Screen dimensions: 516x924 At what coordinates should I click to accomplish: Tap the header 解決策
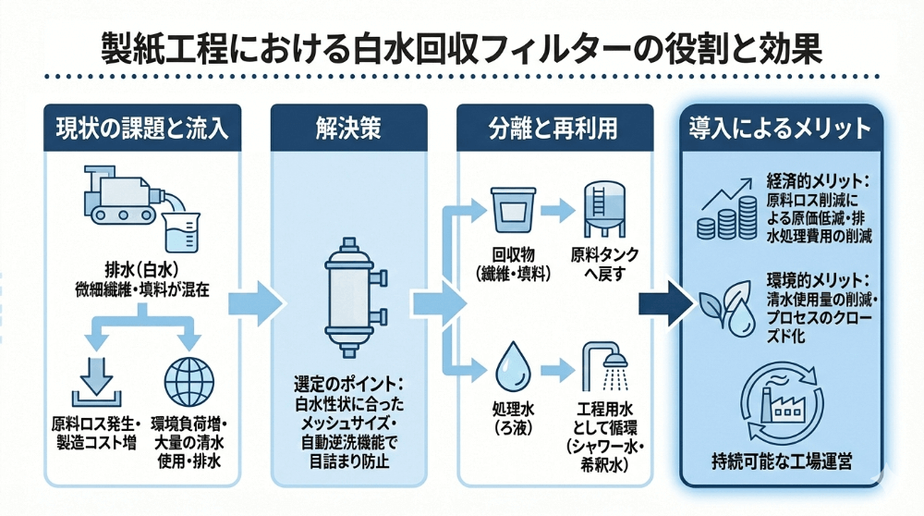[349, 129]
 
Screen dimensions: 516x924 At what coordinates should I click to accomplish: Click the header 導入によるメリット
[781, 129]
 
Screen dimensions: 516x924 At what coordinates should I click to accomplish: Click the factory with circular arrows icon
[781, 411]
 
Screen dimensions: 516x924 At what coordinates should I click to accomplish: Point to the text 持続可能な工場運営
[782, 461]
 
